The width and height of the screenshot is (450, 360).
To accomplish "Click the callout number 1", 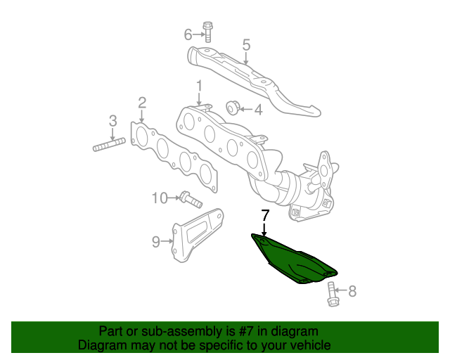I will [199, 86].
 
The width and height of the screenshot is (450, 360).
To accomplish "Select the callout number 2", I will [141, 103].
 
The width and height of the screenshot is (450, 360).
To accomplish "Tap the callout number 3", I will [112, 121].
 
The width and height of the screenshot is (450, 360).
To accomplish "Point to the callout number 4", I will [258, 109].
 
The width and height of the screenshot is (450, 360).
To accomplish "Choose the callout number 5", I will [246, 44].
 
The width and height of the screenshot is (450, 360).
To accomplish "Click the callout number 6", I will [188, 34].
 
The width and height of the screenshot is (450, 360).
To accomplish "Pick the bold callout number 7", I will [264, 216].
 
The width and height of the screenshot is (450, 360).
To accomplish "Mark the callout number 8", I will [352, 289].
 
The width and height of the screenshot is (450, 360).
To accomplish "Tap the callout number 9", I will [155, 242].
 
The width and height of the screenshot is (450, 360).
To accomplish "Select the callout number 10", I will [159, 198].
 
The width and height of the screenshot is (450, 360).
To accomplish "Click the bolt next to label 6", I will [208, 32].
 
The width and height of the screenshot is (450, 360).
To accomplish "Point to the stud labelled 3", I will [108, 146].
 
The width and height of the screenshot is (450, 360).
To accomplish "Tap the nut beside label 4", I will [233, 107].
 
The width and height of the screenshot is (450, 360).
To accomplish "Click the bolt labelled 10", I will [190, 199].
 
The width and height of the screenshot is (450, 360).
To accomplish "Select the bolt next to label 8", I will [333, 294].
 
